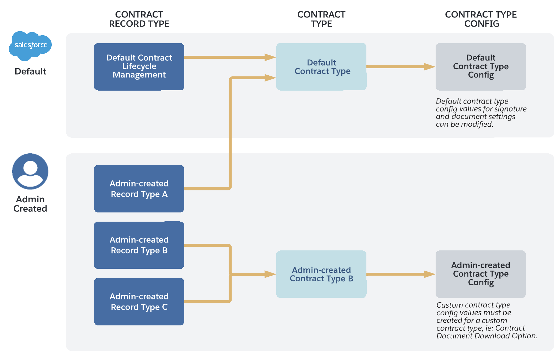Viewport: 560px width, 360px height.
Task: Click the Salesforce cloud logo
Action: tap(30, 45)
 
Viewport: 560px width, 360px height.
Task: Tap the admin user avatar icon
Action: tap(30, 171)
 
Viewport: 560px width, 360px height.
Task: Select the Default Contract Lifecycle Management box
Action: tap(139, 66)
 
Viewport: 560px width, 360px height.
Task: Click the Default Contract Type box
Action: tap(321, 66)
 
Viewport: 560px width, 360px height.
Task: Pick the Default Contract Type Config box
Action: tap(480, 66)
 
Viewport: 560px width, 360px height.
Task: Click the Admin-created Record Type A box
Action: tap(139, 189)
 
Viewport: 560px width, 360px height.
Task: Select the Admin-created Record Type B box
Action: tap(139, 245)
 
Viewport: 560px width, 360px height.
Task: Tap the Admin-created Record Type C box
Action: tap(139, 302)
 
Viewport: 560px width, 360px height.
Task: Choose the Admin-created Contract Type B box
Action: tap(321, 274)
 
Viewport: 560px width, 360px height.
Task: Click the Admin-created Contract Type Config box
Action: tap(480, 274)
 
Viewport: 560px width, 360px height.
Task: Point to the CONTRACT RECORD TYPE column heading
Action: tap(139, 19)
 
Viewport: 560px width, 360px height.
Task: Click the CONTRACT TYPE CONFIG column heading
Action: tap(481, 19)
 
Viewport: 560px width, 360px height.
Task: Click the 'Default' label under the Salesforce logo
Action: tap(30, 71)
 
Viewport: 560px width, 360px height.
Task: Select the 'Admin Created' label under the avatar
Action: tap(30, 204)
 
